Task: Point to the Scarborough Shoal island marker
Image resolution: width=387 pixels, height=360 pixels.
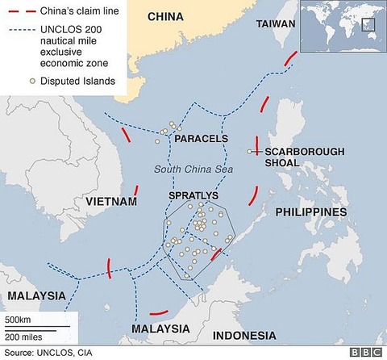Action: pos(251,151)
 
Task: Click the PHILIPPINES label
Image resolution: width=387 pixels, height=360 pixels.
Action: pos(310,211)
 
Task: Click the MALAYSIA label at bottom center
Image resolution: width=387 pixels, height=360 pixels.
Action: pos(160,329)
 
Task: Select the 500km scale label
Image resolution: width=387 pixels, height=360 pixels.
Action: pos(18,320)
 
